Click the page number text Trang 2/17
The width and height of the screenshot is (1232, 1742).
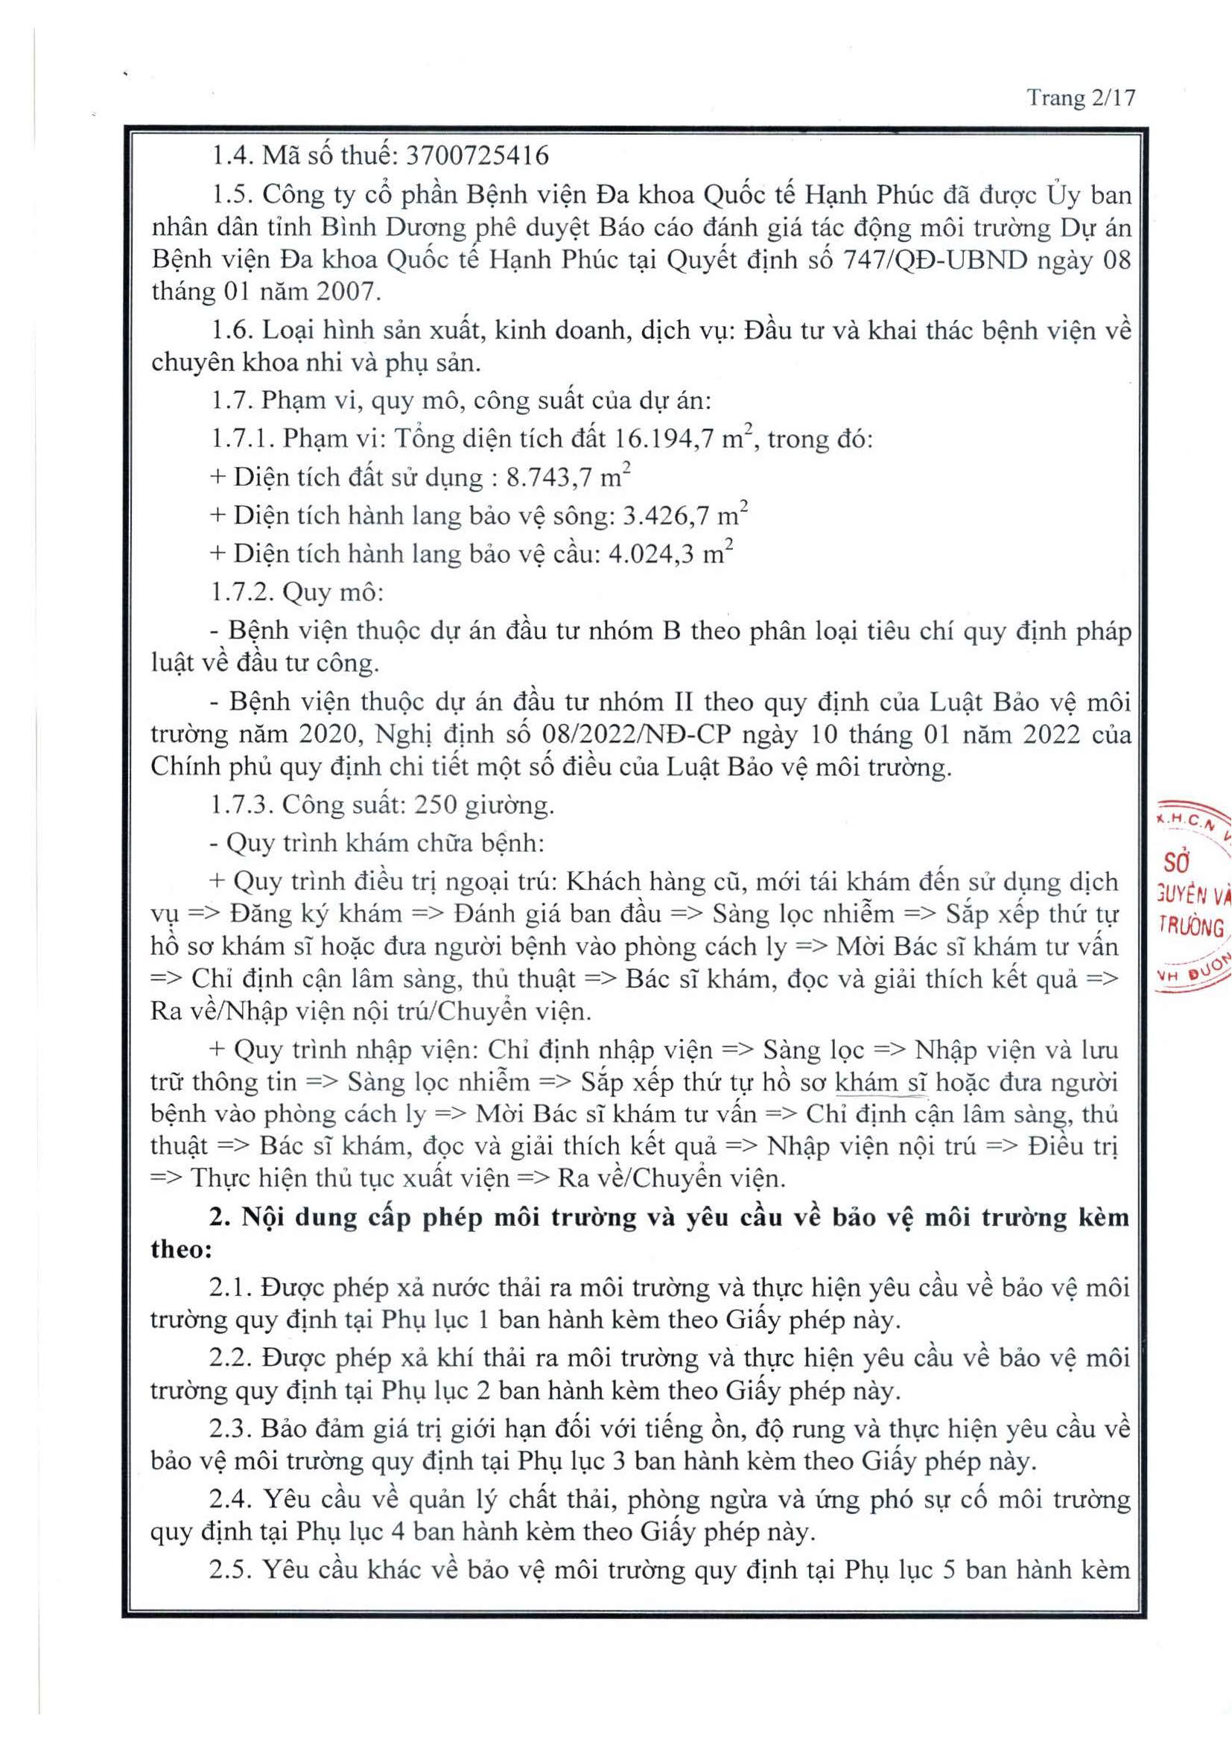[x=1081, y=98]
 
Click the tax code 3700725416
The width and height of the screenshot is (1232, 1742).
[x=477, y=156]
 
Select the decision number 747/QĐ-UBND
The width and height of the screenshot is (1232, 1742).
[x=936, y=259]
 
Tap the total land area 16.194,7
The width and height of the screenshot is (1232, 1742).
[x=666, y=439]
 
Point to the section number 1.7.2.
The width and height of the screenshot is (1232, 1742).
[x=241, y=593]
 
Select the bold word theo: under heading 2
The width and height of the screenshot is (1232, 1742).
[x=181, y=1250]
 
